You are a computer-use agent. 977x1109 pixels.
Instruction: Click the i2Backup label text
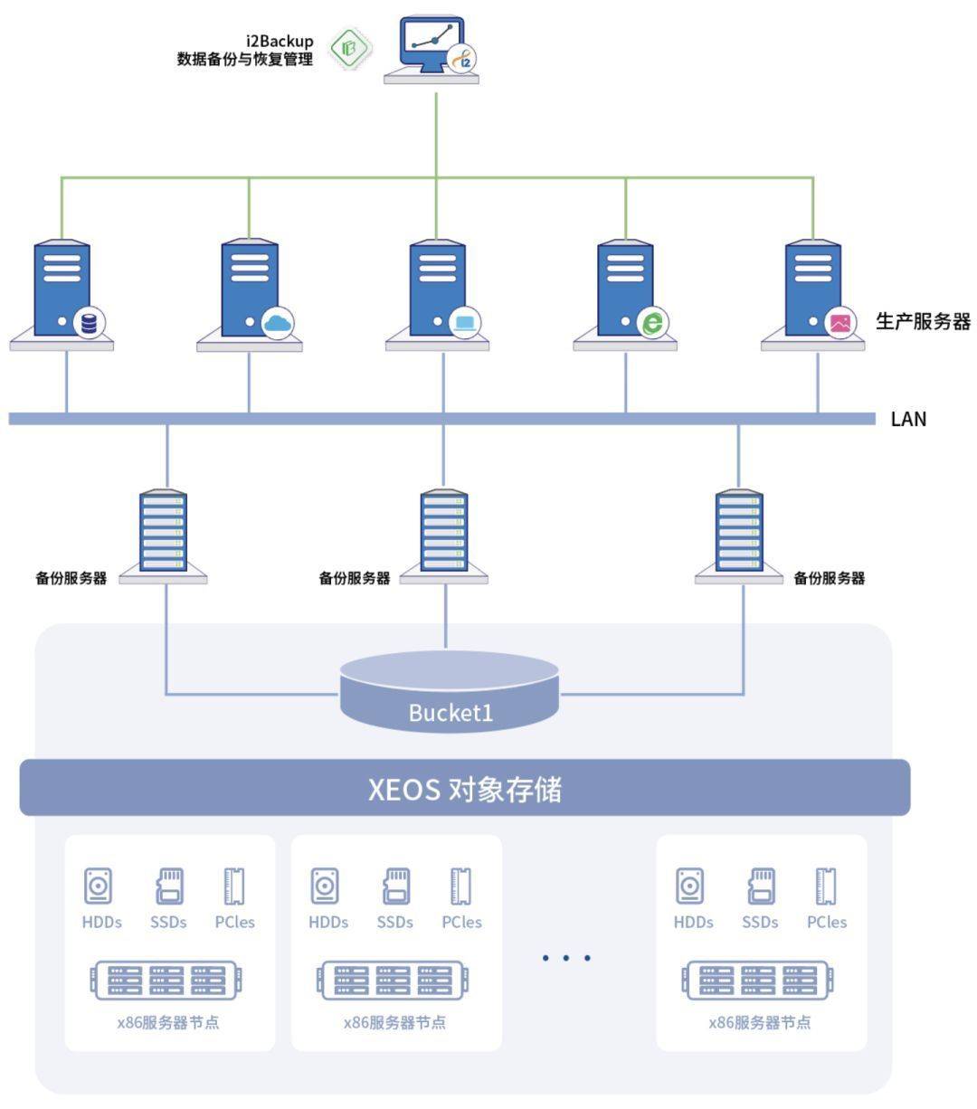tap(280, 42)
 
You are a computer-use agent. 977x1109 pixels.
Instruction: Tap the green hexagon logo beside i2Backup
tap(350, 48)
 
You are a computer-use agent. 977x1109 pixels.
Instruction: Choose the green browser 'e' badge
tap(652, 322)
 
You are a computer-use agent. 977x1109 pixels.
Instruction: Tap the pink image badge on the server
tap(840, 322)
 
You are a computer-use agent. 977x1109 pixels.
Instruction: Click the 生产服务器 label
tap(922, 321)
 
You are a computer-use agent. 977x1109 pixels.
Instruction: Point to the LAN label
tap(908, 419)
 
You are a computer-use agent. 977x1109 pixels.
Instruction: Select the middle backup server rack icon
tap(443, 531)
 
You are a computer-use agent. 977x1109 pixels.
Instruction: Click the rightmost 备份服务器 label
tap(829, 578)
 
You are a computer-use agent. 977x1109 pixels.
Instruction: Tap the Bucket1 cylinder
tap(450, 692)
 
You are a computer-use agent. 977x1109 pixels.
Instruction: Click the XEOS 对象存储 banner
tap(464, 788)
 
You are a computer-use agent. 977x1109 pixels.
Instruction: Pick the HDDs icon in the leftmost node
tap(99, 886)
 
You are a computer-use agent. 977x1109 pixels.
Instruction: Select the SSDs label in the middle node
tap(394, 923)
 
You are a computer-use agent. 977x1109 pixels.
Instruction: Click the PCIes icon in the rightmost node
tap(826, 886)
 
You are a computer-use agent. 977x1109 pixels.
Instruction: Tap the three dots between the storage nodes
tap(566, 957)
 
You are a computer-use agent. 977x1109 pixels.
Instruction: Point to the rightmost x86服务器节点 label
tap(760, 1023)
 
